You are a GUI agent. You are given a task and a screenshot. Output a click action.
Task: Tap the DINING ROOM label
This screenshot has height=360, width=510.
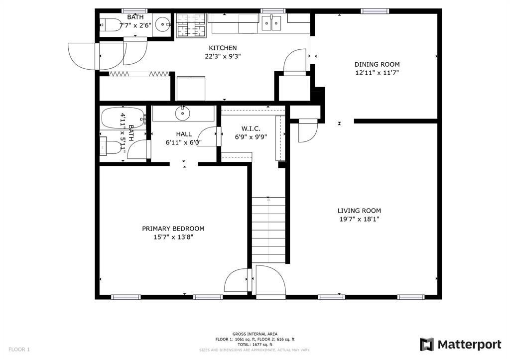coord(377,64)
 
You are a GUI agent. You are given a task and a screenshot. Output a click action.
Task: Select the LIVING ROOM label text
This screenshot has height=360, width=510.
coord(359,211)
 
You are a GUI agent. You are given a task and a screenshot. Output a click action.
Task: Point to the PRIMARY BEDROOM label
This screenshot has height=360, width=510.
coord(173,229)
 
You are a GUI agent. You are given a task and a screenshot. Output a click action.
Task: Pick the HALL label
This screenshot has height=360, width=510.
coord(183,134)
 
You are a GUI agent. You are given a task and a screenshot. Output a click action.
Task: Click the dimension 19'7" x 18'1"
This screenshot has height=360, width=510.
coord(359,219)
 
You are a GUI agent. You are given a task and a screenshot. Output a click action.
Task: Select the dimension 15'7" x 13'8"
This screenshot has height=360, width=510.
coord(173,237)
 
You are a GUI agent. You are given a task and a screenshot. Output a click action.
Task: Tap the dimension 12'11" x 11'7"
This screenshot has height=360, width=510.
coord(377,73)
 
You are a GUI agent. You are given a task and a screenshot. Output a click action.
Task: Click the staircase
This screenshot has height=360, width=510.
coord(268,230)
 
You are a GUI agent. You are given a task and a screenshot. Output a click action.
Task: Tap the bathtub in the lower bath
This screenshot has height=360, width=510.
coord(122,119)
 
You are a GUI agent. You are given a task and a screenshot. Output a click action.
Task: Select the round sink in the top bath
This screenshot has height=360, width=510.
coord(162,24)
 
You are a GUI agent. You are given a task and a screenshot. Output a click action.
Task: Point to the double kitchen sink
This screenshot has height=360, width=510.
coord(272,23)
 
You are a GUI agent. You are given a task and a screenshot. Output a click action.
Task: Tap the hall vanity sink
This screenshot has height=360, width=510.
coord(183,114)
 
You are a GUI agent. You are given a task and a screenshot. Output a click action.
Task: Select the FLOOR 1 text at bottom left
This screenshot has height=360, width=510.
coord(19,350)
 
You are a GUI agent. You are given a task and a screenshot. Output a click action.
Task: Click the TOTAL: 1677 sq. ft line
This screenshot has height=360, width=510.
coord(255,345)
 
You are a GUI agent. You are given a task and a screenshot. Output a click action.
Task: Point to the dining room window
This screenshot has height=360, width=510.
coord(375,11)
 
